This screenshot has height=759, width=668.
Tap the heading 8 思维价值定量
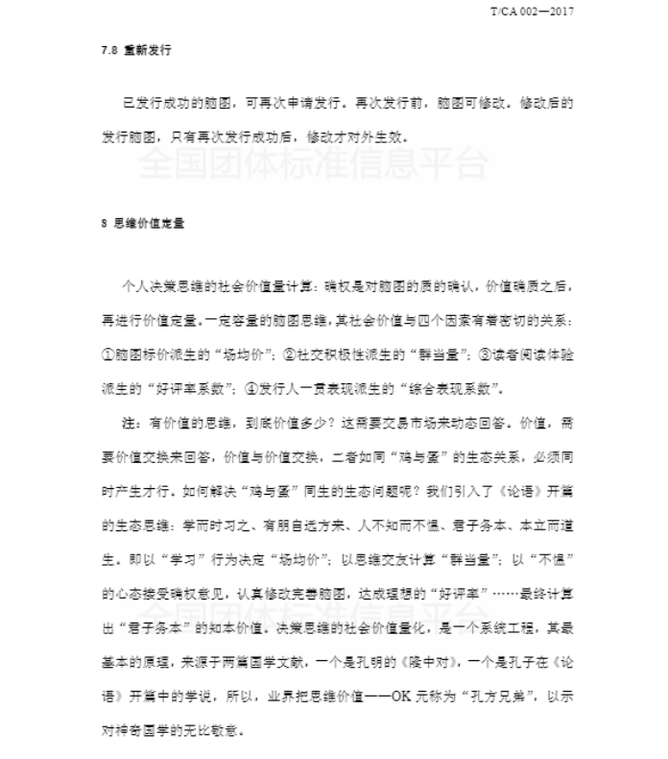pos(143,223)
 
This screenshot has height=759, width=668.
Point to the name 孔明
pos(407,662)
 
